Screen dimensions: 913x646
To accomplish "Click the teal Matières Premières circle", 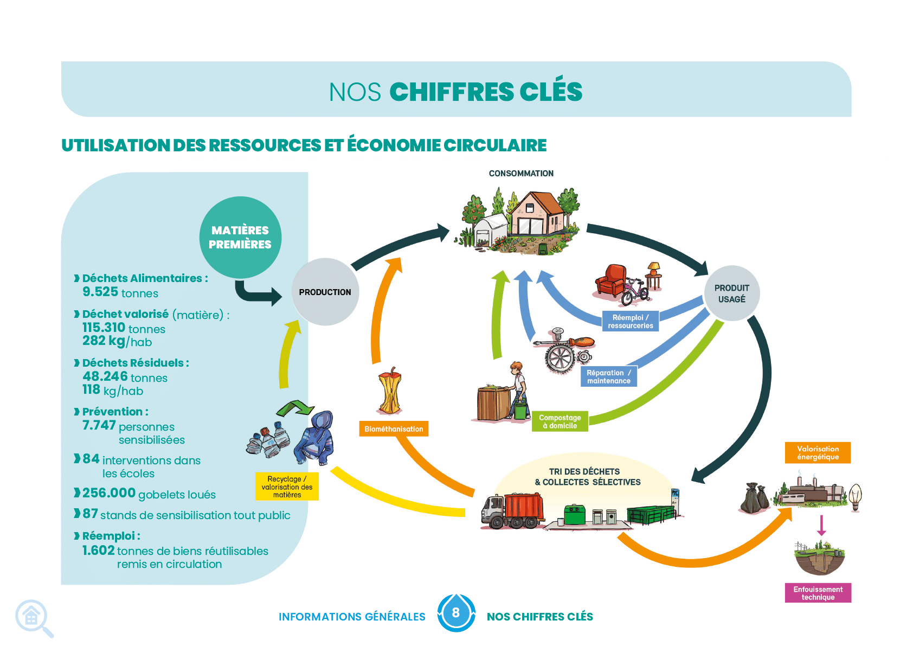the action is pos(241,238).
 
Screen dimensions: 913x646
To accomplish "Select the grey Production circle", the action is pos(325,292).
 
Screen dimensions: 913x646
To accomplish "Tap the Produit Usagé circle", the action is pos(732,293).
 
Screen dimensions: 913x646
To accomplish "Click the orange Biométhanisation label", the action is pos(394,429).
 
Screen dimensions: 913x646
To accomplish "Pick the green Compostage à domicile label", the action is pos(560,421).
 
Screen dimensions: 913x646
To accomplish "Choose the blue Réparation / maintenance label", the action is pos(609,376).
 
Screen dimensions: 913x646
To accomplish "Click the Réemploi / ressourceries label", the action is pos(631,321).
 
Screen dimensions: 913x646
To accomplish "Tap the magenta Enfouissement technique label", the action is pos(818,593).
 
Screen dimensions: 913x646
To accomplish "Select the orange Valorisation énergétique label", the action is pos(818,453).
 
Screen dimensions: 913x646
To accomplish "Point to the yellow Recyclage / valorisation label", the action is pos(287,487).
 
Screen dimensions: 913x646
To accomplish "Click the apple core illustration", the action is pos(390,391).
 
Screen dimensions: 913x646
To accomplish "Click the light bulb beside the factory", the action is pos(856,497).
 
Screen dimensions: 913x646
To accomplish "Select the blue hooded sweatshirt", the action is pos(315,438).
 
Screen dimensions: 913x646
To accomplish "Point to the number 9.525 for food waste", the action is pos(100,292).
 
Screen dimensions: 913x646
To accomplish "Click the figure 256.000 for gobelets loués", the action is pos(109,493).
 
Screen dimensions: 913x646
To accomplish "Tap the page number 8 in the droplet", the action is pos(455,612).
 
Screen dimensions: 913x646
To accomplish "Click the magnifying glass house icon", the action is pos(35,618).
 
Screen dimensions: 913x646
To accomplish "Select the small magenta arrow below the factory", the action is pos(822,525).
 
